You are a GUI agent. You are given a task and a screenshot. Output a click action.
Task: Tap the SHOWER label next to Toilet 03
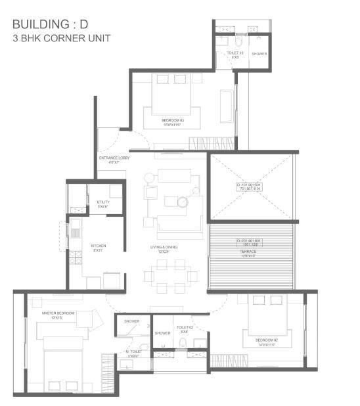pos(259,54)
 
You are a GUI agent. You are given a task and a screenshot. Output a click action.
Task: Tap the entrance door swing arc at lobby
pos(110,140)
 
